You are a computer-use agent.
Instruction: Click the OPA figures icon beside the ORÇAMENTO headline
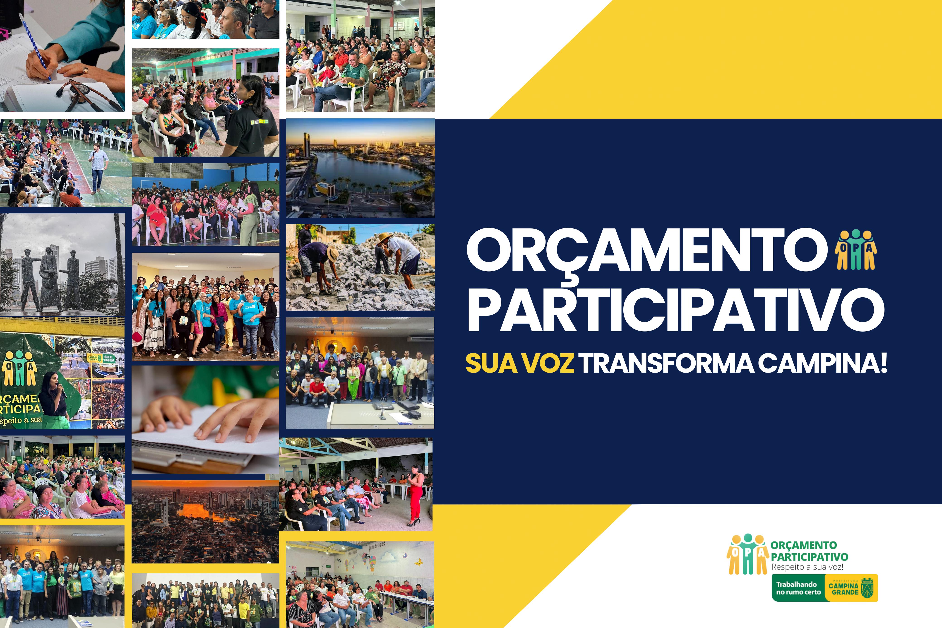[x=855, y=250]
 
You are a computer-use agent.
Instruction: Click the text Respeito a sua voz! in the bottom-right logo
[x=807, y=567]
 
